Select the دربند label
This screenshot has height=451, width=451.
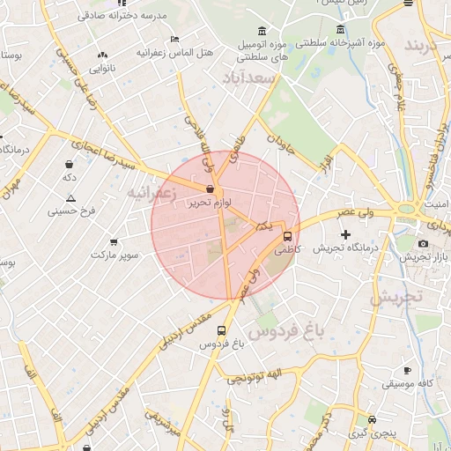[427, 46]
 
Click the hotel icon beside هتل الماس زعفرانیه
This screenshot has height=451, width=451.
[174, 40]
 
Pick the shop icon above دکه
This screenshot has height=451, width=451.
[69, 164]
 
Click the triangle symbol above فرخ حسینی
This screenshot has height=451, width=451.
[71, 198]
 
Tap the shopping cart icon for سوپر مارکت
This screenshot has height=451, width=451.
[115, 241]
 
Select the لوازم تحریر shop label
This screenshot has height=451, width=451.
[210, 203]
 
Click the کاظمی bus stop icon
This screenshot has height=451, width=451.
[287, 236]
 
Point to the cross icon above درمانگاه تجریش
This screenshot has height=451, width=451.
[345, 235]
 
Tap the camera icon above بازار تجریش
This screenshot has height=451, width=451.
[423, 243]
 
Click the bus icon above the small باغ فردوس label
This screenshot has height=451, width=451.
[220, 330]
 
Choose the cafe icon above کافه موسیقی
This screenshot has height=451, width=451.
[406, 371]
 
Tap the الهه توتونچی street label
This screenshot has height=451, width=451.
[248, 378]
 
